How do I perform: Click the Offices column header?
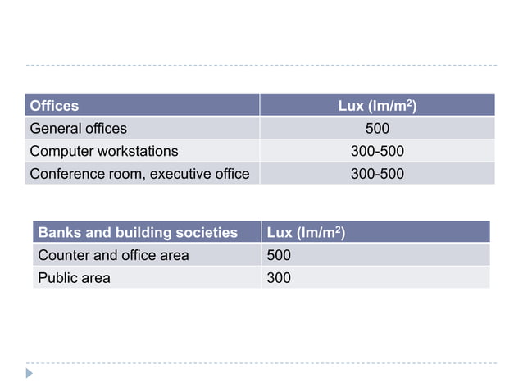(x=54, y=106)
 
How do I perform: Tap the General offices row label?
(x=79, y=128)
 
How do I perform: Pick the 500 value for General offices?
(x=377, y=128)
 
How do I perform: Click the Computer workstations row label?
(x=103, y=151)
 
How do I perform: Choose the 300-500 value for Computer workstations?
(x=377, y=151)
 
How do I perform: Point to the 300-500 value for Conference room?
(x=377, y=174)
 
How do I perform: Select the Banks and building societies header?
(x=138, y=233)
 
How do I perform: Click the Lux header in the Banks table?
(x=306, y=233)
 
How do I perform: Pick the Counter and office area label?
(x=113, y=255)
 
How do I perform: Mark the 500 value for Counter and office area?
(x=279, y=255)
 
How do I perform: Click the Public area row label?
(x=74, y=278)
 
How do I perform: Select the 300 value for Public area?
(x=279, y=278)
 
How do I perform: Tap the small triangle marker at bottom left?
(x=30, y=373)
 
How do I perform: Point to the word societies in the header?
(x=207, y=233)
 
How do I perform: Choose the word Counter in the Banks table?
(x=64, y=255)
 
